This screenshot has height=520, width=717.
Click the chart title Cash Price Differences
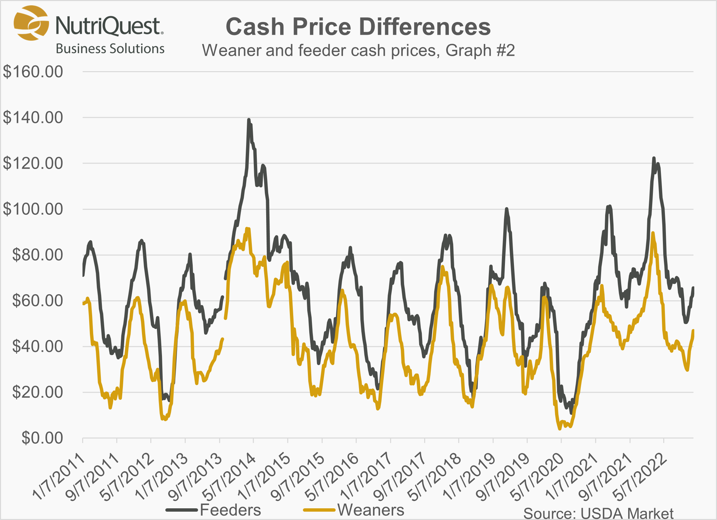pyautogui.click(x=358, y=27)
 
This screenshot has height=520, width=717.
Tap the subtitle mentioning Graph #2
pyautogui.click(x=358, y=50)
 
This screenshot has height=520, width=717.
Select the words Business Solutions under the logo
pyautogui.click(x=110, y=49)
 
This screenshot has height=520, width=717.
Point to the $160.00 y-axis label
pyautogui.click(x=33, y=72)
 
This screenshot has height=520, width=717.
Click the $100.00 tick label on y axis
pyautogui.click(x=33, y=209)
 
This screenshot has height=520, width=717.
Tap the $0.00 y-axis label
pyautogui.click(x=42, y=438)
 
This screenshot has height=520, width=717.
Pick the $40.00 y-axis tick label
pyautogui.click(x=37, y=346)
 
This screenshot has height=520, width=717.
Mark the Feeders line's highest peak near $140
pyautogui.click(x=248, y=120)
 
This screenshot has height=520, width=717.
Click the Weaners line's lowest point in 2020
pyautogui.click(x=560, y=428)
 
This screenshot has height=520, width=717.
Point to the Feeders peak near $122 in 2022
pyautogui.click(x=654, y=158)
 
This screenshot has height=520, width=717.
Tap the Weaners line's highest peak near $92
pyautogui.click(x=246, y=229)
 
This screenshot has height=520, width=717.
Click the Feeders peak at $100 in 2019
pyautogui.click(x=507, y=209)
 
